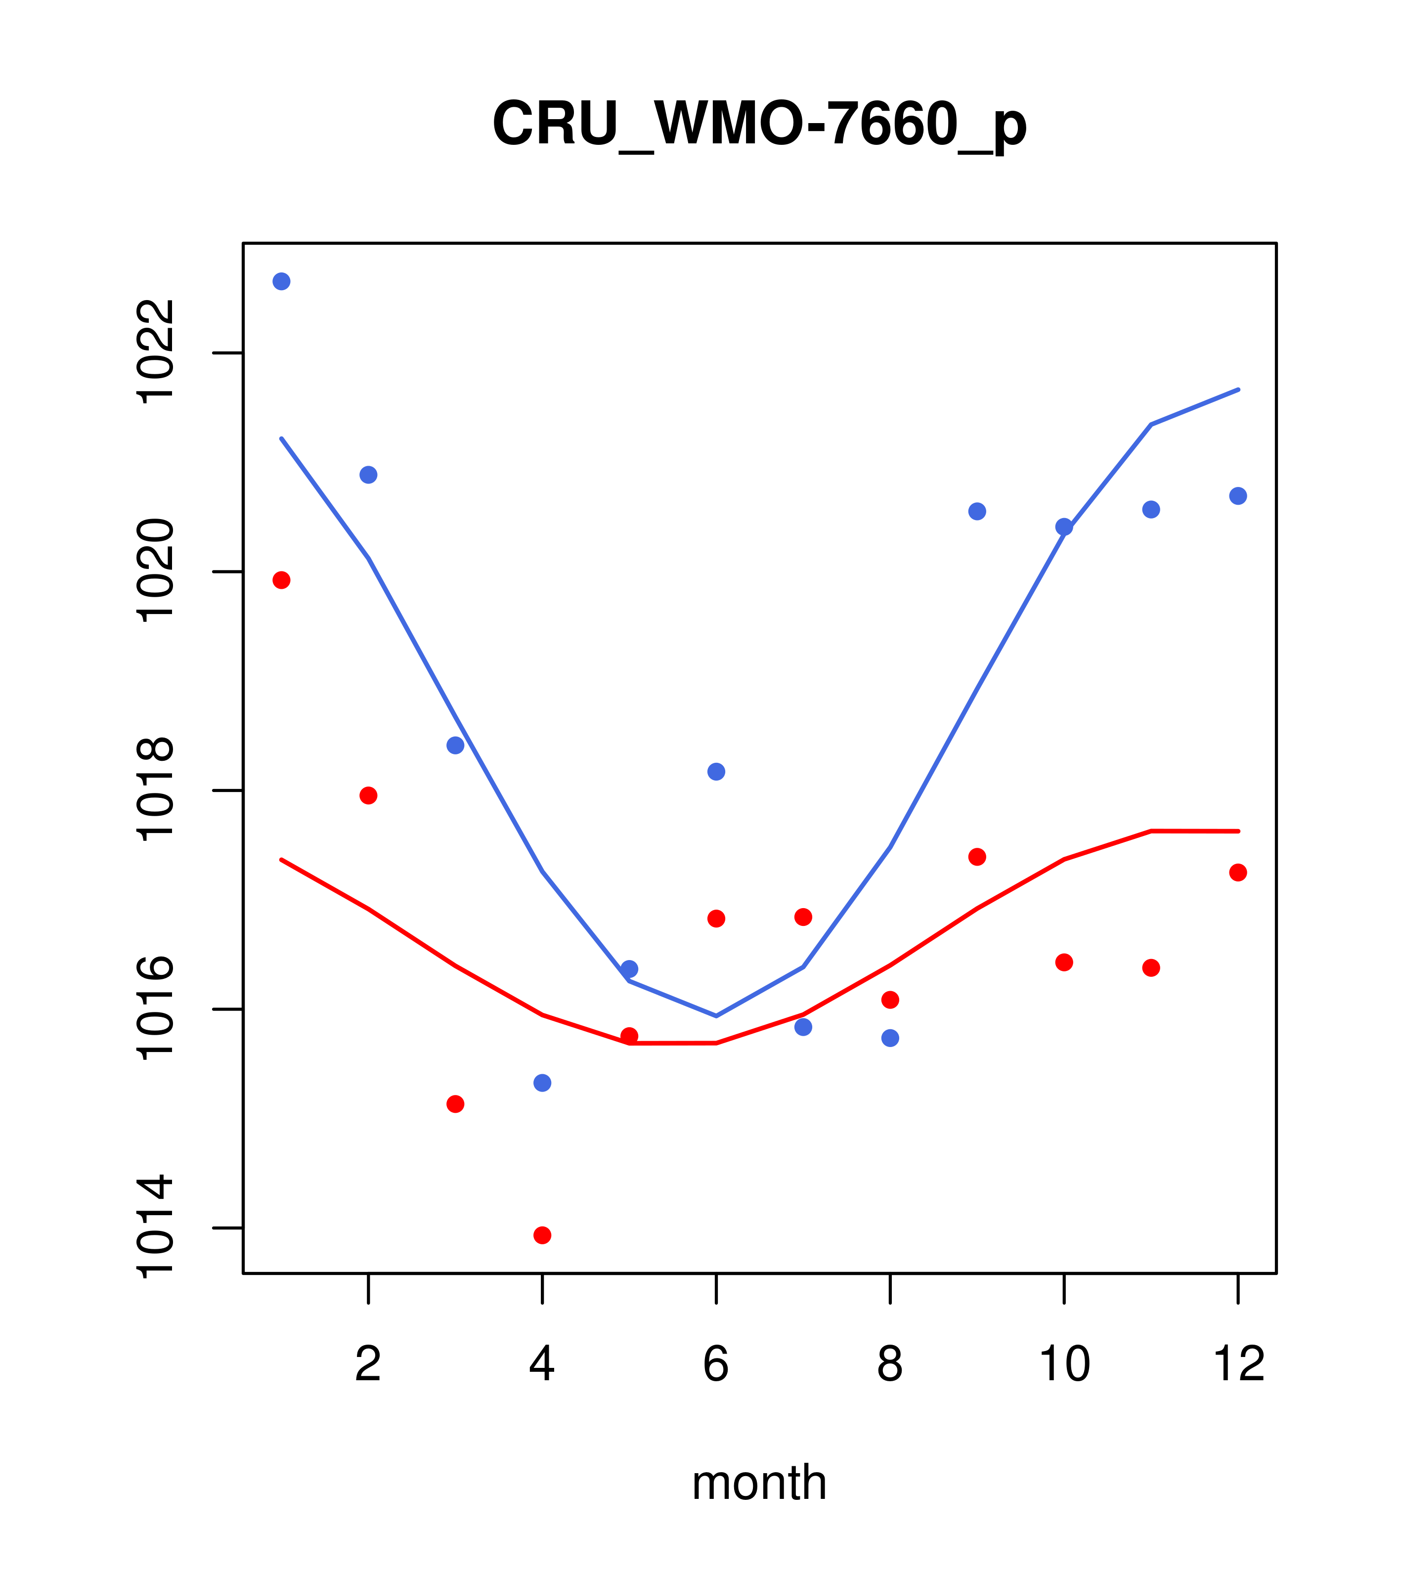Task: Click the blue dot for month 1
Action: tap(281, 281)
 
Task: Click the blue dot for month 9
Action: tap(977, 511)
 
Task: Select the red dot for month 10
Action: tap(1064, 962)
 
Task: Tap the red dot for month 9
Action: tap(977, 857)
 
